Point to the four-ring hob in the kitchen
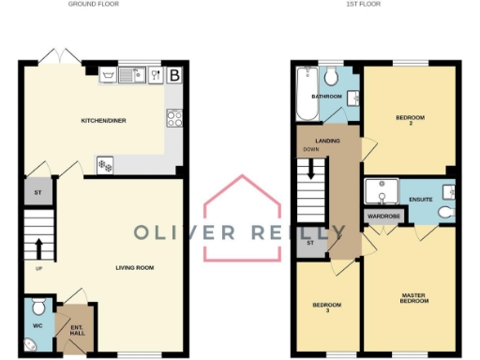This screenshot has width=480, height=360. [173, 118]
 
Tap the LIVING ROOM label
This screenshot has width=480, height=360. [134, 268]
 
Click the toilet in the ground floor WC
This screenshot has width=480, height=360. [37, 307]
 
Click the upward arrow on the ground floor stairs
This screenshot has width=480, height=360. [39, 248]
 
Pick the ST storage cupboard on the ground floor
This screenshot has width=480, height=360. [36, 194]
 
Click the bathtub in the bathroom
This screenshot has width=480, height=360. [306, 95]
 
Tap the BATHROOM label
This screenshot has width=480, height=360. [326, 97]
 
